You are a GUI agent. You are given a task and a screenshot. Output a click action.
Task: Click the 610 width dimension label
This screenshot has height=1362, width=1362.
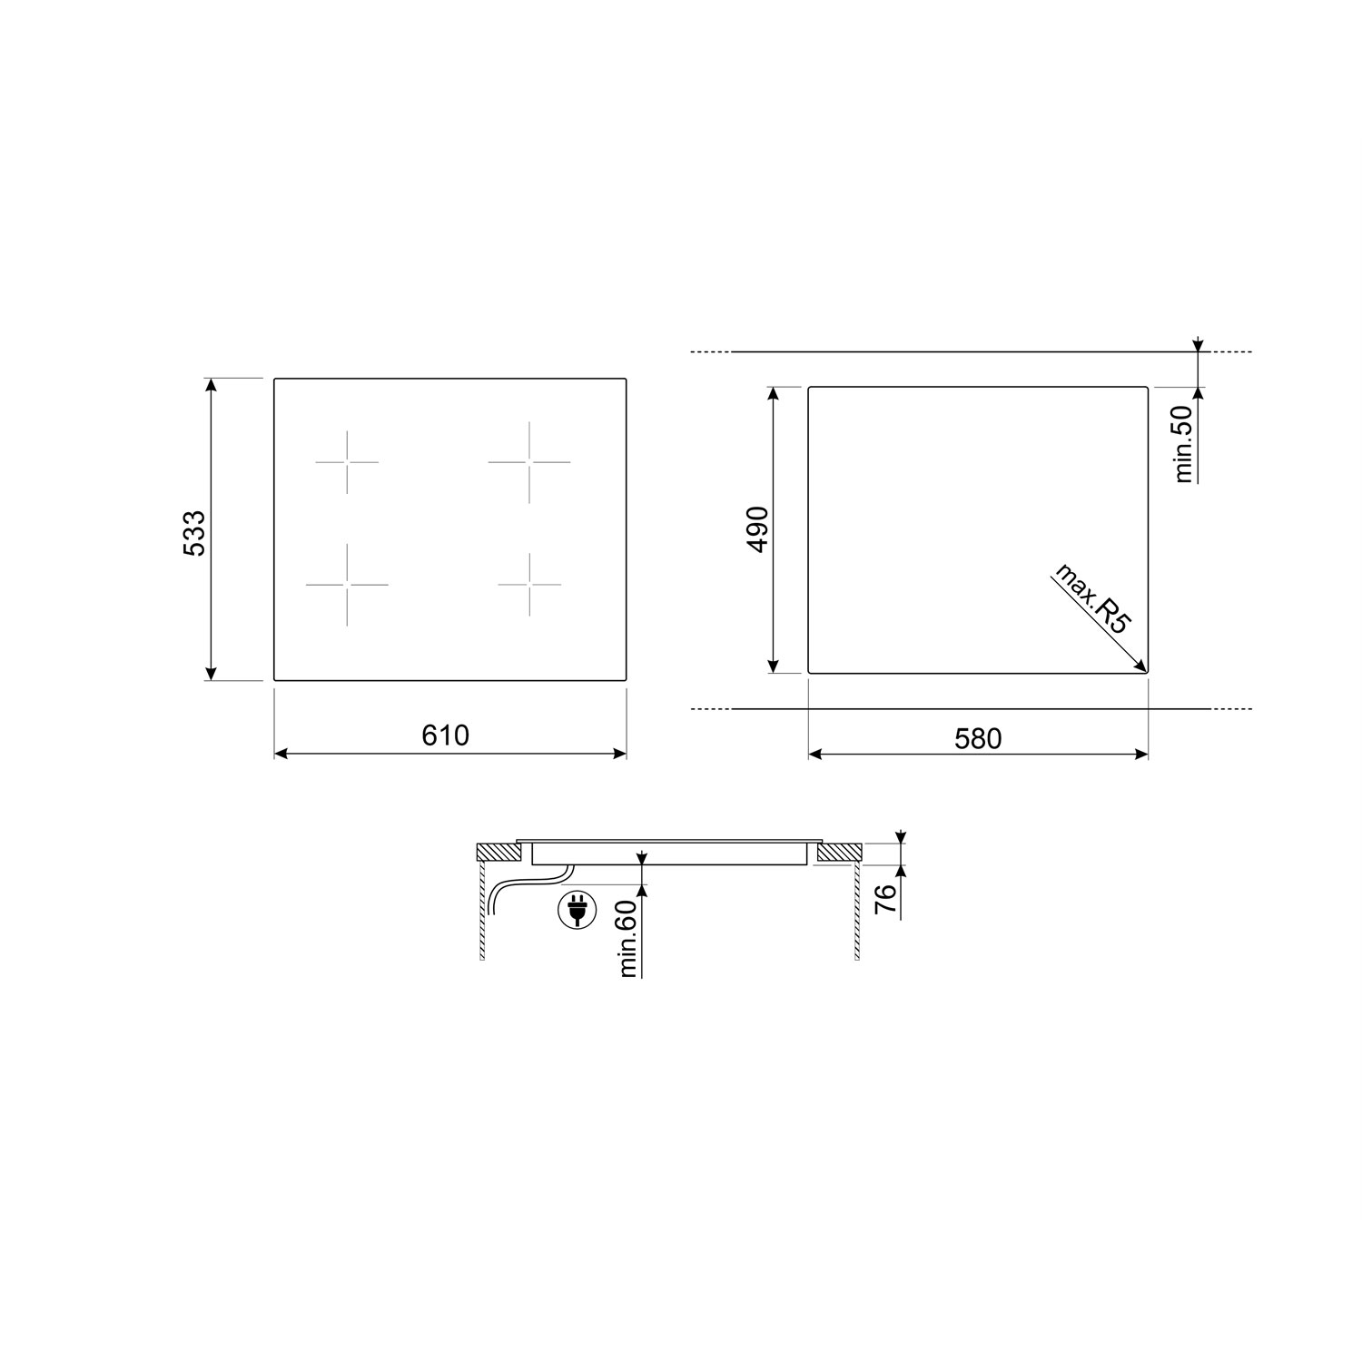[x=446, y=735]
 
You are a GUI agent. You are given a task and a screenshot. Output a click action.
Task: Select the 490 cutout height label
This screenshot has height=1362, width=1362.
[x=757, y=529]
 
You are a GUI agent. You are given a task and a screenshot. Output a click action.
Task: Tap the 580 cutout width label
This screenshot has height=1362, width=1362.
[x=978, y=739]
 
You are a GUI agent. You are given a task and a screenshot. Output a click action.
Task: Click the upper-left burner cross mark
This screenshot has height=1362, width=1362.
[x=347, y=462]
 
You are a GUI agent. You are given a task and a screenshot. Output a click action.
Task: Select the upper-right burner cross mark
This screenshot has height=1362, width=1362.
[x=529, y=462]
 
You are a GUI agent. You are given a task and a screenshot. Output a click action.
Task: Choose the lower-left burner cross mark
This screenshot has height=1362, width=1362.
[x=347, y=584]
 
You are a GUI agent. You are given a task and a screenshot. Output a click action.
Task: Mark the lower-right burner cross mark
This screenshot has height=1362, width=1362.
[x=529, y=584]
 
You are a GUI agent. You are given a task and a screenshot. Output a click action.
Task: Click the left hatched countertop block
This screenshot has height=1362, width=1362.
[x=498, y=854]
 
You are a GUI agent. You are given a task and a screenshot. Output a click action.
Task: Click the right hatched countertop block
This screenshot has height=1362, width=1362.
[x=838, y=854]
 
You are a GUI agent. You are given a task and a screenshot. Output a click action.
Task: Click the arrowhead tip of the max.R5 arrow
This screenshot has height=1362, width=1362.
[x=1145, y=671]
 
